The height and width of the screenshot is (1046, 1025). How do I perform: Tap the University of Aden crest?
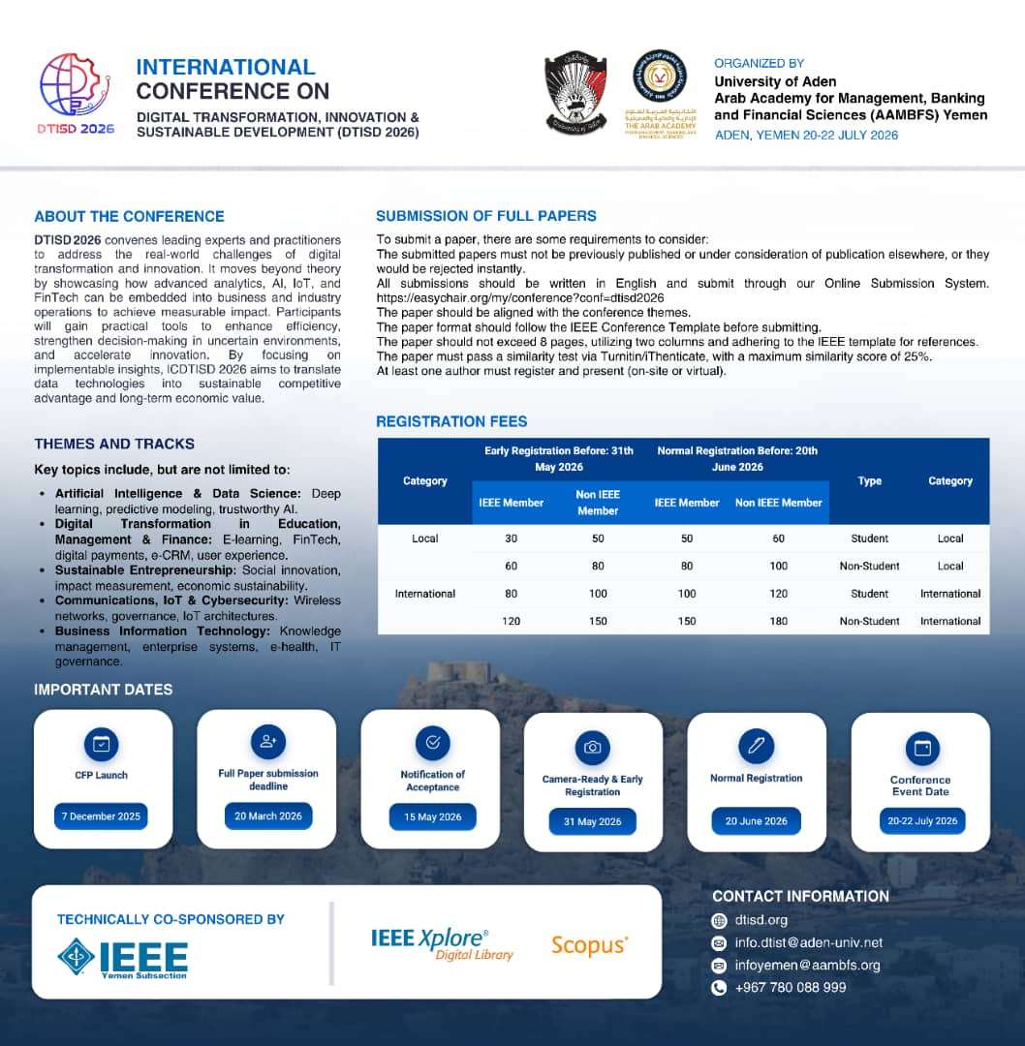575,93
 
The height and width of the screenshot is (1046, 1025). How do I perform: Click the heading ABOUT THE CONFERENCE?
129,217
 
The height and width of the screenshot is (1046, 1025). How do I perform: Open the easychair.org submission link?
519,298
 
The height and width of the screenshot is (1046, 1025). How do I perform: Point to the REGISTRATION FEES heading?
451,421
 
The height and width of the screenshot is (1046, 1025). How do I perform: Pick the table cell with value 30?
511,538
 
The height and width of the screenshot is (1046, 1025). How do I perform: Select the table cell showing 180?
778,621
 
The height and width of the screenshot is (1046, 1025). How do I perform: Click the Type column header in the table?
869,480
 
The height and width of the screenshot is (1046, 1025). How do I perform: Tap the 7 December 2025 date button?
101,816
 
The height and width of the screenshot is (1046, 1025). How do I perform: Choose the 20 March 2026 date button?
268,816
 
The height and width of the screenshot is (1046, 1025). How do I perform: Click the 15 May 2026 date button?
432,817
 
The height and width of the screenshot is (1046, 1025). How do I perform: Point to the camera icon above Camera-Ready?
592,748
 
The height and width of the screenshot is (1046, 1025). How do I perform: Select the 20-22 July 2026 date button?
921,821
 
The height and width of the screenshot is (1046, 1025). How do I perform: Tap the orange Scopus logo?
589,945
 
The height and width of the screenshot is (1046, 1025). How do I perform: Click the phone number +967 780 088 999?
790,988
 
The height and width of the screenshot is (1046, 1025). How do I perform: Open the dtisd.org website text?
761,920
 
